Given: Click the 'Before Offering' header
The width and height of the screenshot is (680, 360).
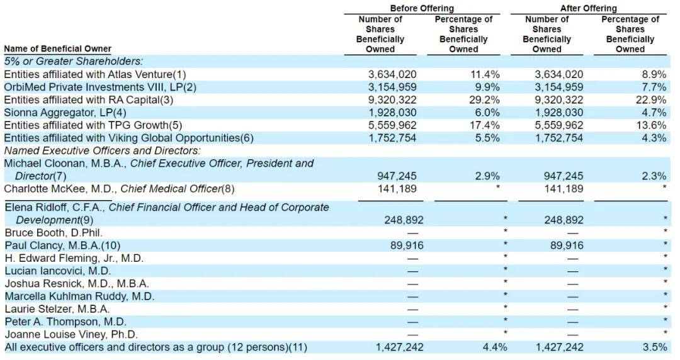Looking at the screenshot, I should point(421,8).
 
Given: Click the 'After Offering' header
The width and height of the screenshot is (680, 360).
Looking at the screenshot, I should point(588,8).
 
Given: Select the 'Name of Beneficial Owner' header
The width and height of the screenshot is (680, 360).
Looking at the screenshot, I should point(57,49).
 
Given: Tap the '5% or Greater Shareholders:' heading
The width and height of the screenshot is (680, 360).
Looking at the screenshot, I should point(73,61).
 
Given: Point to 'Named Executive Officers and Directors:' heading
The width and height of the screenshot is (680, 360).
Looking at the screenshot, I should point(102,150).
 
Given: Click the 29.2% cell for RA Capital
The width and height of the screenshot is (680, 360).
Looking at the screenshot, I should point(486,99).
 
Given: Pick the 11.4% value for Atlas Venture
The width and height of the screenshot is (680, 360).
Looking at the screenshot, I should point(486,74).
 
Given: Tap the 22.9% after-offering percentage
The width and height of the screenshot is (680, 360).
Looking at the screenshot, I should point(652,99).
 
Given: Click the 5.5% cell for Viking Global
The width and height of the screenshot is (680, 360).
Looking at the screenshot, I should point(489,138).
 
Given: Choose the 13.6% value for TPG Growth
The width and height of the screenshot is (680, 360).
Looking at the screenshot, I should point(652,125).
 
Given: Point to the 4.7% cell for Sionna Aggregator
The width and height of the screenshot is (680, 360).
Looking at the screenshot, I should point(655,113).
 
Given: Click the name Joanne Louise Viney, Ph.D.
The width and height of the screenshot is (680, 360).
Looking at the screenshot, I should point(71,334).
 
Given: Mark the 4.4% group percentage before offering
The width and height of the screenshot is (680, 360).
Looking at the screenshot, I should point(494,347).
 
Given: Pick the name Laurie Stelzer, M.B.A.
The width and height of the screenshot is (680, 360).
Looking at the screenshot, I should point(57,309).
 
